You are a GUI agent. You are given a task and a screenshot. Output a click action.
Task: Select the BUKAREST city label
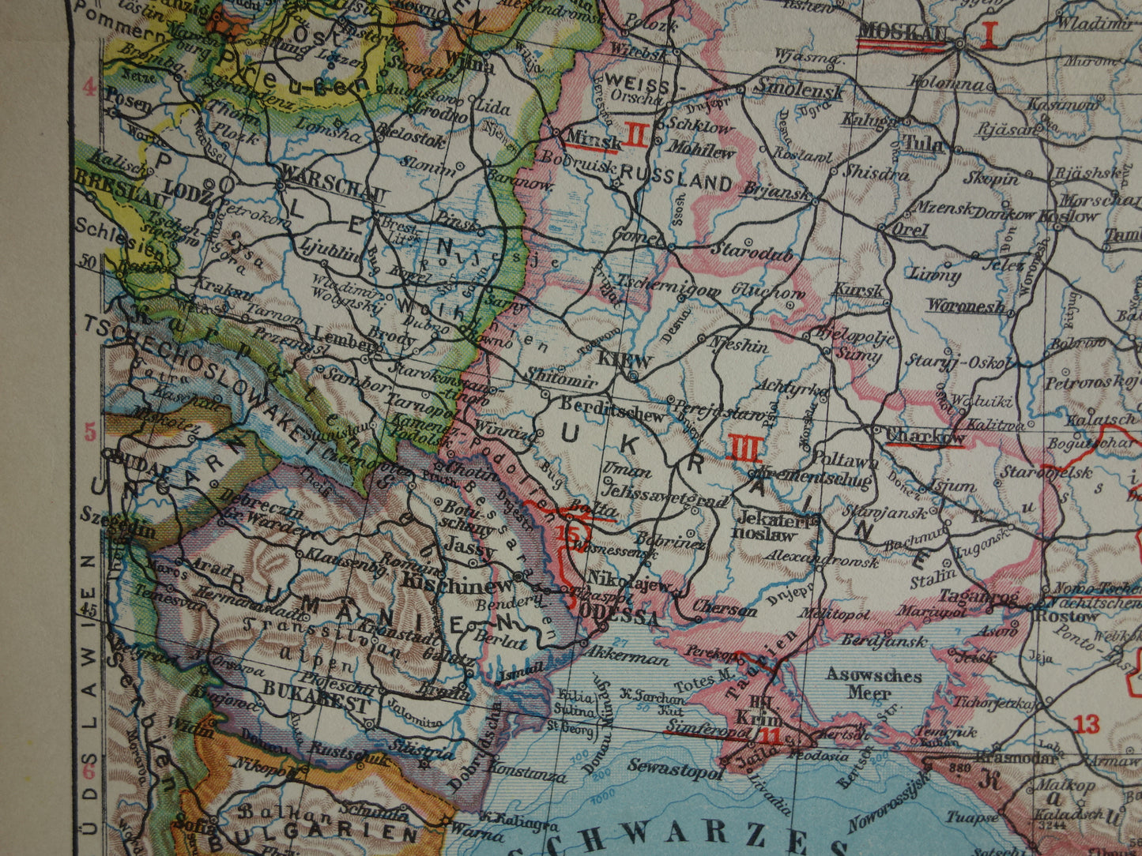[317, 700]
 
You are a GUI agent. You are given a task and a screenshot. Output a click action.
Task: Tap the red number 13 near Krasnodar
[1087, 723]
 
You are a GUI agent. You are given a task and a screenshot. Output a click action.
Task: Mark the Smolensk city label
[801, 89]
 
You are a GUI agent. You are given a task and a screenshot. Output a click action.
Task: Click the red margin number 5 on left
[90, 432]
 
